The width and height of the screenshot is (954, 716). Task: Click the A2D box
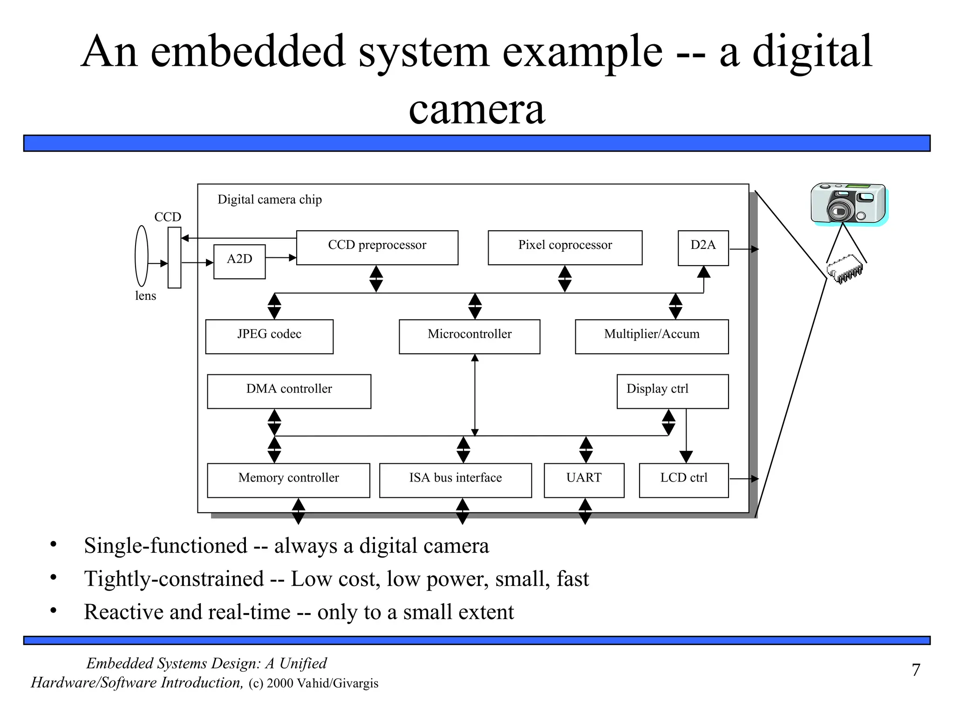(x=239, y=262)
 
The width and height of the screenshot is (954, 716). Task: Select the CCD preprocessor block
(x=377, y=248)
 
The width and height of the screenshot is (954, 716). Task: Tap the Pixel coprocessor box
(x=565, y=248)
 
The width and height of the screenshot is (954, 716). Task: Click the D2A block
(x=703, y=248)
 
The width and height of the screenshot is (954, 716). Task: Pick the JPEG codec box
(x=269, y=337)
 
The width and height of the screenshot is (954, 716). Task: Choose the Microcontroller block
(x=469, y=337)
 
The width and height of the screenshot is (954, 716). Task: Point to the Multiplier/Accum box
(x=651, y=337)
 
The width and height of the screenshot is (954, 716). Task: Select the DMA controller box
(x=289, y=391)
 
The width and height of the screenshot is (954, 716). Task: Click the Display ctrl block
(x=672, y=391)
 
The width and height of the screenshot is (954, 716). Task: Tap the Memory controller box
(x=288, y=480)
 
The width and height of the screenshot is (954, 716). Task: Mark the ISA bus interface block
(x=455, y=480)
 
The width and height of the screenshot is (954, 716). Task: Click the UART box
(x=584, y=480)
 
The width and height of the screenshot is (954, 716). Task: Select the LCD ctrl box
(x=683, y=480)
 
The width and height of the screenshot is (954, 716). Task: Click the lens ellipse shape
(x=142, y=256)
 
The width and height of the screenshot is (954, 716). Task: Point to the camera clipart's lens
(x=840, y=212)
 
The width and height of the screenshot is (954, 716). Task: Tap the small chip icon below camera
(x=844, y=270)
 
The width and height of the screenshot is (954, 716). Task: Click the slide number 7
(x=915, y=670)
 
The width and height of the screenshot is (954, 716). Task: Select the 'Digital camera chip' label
(x=269, y=200)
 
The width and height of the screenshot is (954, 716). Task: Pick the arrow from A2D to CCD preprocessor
(x=281, y=257)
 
